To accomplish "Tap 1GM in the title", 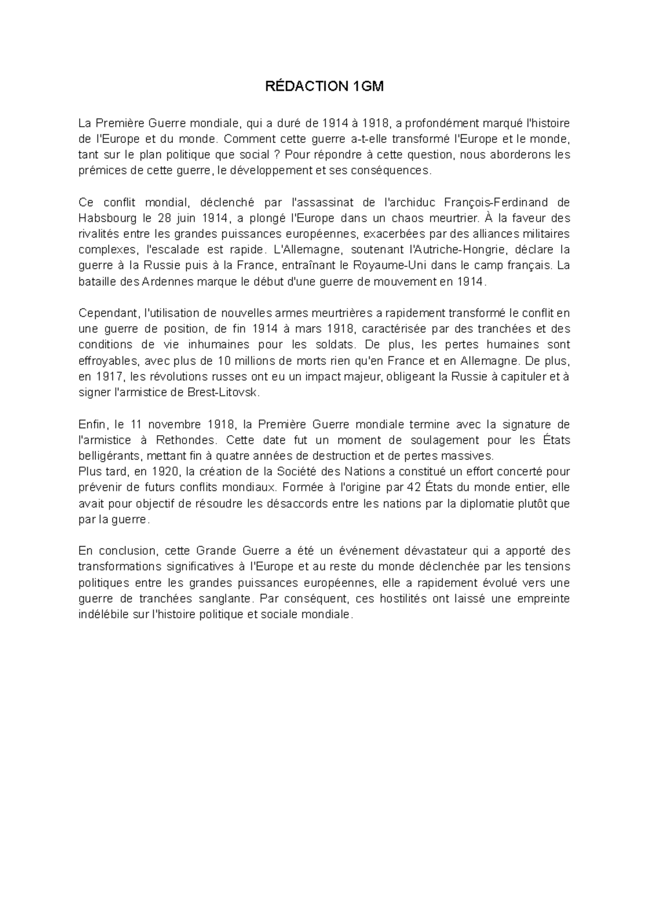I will tap(368, 86).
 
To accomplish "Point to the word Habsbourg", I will tap(106, 218).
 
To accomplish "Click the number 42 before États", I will tap(413, 487).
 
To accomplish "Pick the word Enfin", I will tap(94, 424).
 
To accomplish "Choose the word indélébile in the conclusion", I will tap(104, 615).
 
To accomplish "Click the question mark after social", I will tap(276, 155).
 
